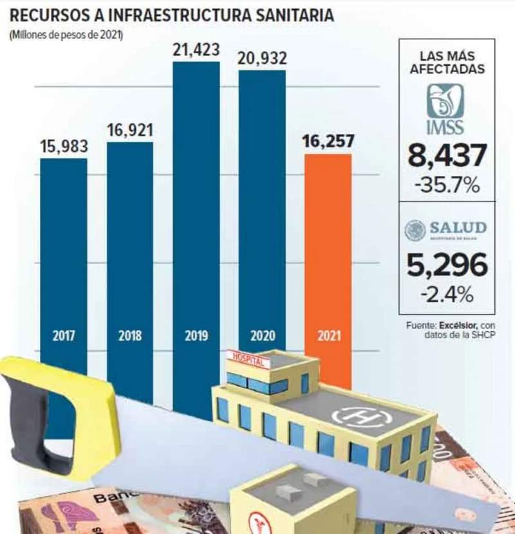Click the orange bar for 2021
pos(328,258)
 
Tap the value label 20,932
pos(262,59)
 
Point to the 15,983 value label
pos(64,146)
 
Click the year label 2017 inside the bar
pos(63,336)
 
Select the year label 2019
pos(196,336)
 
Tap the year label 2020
pos(262,336)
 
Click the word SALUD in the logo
pos(458,227)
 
